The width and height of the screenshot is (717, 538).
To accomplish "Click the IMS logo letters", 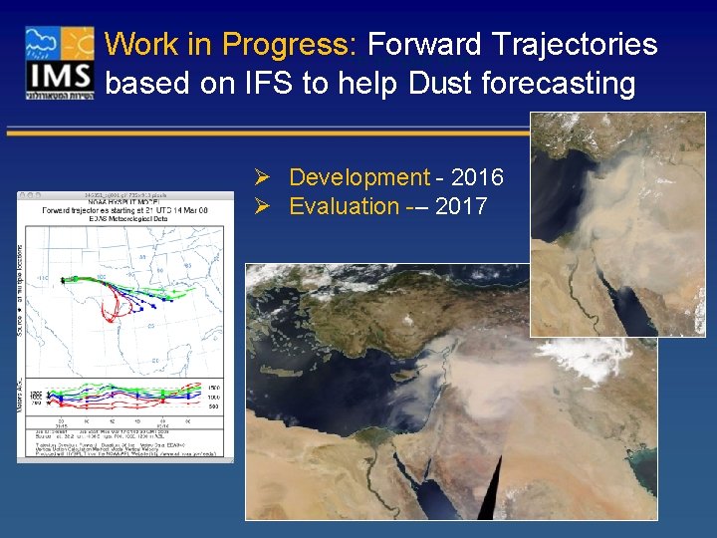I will click(x=60, y=77).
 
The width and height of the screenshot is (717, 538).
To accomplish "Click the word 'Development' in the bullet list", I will click(x=358, y=177).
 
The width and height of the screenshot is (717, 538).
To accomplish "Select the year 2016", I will click(x=477, y=177).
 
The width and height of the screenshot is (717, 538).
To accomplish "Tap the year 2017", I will click(x=460, y=206).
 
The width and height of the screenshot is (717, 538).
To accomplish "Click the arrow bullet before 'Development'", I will click(x=264, y=177).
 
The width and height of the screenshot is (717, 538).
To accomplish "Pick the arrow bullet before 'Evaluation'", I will click(x=264, y=206).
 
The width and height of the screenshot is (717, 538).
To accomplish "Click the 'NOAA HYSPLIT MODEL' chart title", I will click(x=124, y=202).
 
